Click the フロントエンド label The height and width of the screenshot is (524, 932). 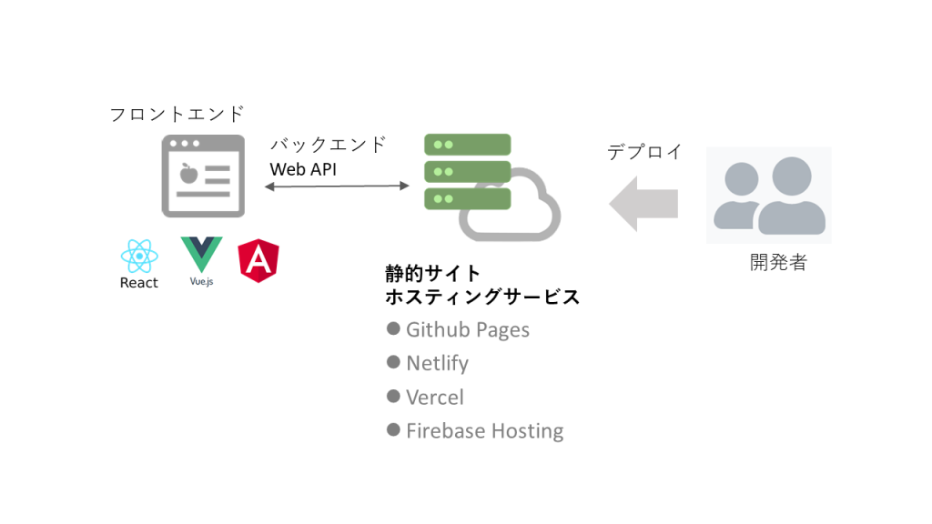coord(177,115)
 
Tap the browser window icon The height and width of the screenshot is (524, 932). coord(203,176)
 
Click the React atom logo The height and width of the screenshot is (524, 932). coord(138,256)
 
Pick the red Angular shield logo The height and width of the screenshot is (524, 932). coord(258,259)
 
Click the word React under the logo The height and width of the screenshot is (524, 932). coord(138,283)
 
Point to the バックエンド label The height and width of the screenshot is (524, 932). coord(328,145)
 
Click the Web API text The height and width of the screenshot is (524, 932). coord(303,169)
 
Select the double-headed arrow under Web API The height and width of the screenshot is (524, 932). coord(337,186)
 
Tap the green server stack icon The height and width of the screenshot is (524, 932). coord(467,170)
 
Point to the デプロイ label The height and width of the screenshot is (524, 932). coord(644,152)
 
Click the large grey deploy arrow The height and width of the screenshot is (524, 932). coord(643,203)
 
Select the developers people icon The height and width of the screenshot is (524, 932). coord(769,196)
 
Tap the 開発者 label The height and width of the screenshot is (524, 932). coord(778,263)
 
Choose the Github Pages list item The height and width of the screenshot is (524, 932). coord(467,329)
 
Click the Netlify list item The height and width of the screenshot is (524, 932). coord(437,363)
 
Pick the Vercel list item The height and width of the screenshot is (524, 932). coord(434,398)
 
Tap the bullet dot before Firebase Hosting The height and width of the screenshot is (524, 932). coord(393,429)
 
